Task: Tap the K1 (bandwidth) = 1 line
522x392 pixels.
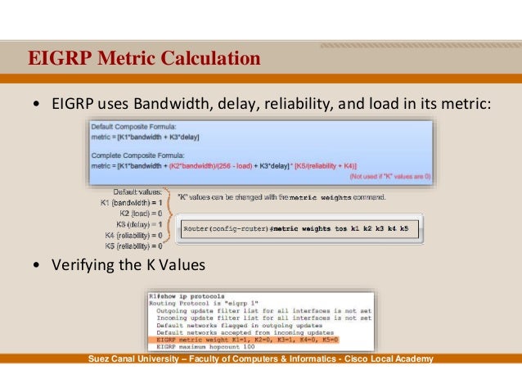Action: (x=131, y=201)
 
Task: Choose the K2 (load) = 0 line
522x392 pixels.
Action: (x=137, y=212)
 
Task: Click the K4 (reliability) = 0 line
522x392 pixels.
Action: (x=133, y=234)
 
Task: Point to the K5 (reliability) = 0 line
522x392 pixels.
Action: (x=133, y=245)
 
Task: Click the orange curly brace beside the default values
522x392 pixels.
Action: (x=169, y=218)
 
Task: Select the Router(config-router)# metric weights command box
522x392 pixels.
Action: (x=300, y=228)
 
